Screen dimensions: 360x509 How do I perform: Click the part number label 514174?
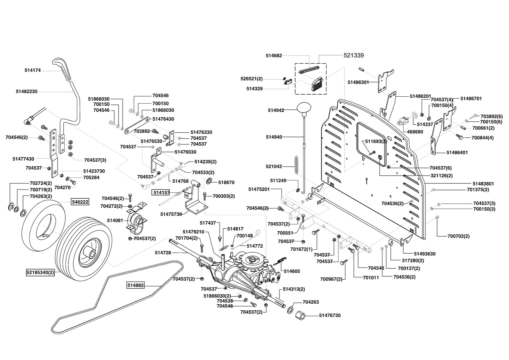(33, 70)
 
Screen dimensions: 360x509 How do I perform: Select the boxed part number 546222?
(79, 202)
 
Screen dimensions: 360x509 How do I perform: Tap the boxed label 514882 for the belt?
(135, 285)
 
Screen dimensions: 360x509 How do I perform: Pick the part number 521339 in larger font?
(353, 56)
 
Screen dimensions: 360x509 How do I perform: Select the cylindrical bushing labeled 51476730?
(302, 315)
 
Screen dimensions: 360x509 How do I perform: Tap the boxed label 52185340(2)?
(40, 272)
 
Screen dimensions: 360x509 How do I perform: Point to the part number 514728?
(163, 253)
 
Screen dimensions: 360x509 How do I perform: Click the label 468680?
(415, 132)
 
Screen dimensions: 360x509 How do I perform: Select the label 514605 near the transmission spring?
(292, 271)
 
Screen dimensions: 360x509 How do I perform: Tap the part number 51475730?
(171, 214)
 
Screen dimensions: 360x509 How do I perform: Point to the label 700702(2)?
(458, 236)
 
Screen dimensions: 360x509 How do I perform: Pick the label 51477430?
(23, 159)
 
